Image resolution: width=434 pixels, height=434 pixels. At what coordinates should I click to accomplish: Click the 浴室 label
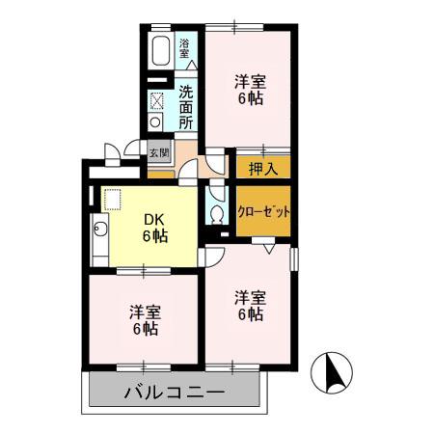click(184, 48)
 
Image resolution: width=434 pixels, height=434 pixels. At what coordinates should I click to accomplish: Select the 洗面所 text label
click(186, 107)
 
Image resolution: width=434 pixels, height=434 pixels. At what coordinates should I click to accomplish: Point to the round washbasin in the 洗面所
click(156, 123)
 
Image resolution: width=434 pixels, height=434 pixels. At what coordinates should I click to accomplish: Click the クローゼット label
click(263, 212)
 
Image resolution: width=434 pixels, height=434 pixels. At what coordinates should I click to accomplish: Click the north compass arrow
click(335, 370)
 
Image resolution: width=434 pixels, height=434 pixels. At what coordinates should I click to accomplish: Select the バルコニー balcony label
click(175, 393)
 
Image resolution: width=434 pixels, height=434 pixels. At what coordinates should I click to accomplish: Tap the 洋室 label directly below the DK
click(146, 312)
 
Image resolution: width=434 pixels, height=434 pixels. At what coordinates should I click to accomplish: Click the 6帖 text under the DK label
click(156, 235)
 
